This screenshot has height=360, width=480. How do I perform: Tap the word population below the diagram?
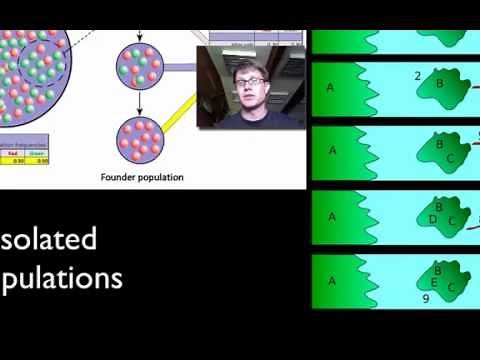click(164, 178)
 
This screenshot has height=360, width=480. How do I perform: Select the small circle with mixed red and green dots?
click(139, 68)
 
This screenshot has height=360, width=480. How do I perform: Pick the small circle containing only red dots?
click(139, 139)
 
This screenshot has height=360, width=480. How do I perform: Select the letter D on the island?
click(432, 218)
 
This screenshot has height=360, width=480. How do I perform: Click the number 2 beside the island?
click(417, 76)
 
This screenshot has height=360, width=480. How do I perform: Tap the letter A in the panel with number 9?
click(332, 280)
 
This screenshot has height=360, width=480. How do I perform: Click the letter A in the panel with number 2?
click(331, 87)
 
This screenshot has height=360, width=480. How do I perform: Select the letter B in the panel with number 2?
click(439, 84)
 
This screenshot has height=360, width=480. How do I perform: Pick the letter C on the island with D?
click(452, 221)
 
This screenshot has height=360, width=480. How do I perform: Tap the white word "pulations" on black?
click(62, 276)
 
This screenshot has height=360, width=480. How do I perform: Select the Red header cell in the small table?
click(13, 153)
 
